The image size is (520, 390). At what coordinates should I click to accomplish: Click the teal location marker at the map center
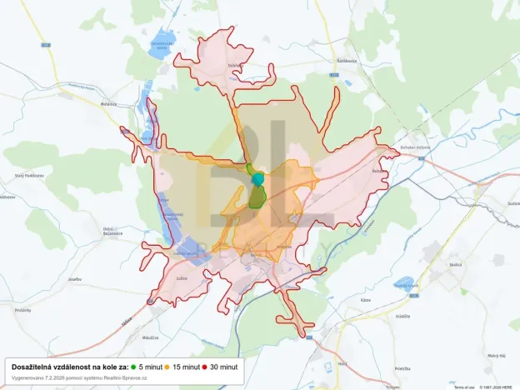click(x=257, y=179)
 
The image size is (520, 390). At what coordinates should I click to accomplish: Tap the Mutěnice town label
click(x=108, y=103)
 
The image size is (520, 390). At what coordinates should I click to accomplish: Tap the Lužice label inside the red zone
click(x=182, y=278)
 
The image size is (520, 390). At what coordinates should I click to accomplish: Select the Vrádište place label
click(x=403, y=317)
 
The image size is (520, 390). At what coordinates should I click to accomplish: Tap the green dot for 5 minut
click(x=133, y=367)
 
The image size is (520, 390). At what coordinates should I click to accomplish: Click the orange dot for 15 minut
click(x=167, y=367)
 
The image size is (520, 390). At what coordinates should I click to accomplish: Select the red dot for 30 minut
click(x=204, y=367)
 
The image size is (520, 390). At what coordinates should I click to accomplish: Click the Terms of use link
click(x=464, y=387)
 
